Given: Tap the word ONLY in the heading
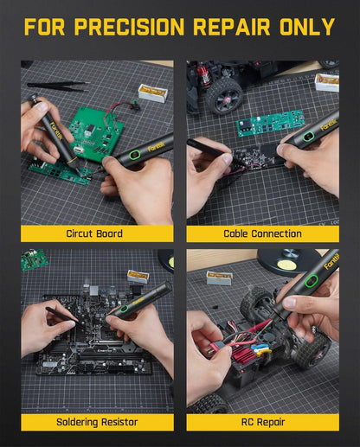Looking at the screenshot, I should pyautogui.click(x=303, y=27).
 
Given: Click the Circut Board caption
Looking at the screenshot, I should pyautogui.click(x=95, y=233).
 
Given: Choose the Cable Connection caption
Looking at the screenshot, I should pyautogui.click(x=262, y=233).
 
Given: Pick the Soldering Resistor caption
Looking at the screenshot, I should pyautogui.click(x=95, y=422).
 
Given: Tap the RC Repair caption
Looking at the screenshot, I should pyautogui.click(x=262, y=422).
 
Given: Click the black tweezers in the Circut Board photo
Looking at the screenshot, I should pyautogui.click(x=56, y=86).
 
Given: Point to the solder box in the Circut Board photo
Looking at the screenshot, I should pyautogui.click(x=152, y=91).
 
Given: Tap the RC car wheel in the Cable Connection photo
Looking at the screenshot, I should pyautogui.click(x=224, y=94).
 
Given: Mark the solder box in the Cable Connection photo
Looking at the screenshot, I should pyautogui.click(x=326, y=82).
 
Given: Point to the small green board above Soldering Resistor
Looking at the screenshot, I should pyautogui.click(x=35, y=259).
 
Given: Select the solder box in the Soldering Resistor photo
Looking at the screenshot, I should pyautogui.click(x=137, y=276).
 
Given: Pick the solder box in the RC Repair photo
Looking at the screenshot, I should pyautogui.click(x=219, y=277).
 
